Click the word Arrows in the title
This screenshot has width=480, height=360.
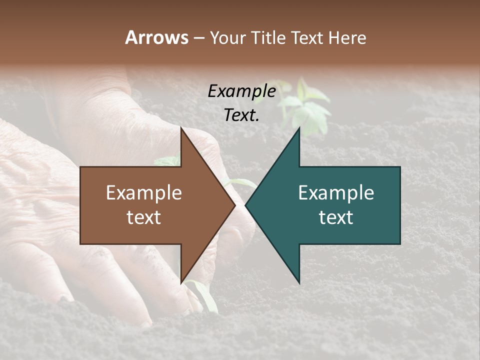point(156,37)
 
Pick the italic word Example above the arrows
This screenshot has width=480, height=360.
point(241,91)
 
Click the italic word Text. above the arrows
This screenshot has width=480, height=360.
point(241,115)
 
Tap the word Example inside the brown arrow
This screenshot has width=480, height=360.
point(144,193)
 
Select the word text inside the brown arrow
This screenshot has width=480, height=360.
point(144,217)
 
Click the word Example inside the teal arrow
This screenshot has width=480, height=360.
point(336,193)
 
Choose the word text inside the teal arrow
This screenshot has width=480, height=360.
point(336,217)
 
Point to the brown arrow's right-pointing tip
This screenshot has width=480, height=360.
point(234,205)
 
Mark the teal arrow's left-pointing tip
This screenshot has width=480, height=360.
point(246,205)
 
